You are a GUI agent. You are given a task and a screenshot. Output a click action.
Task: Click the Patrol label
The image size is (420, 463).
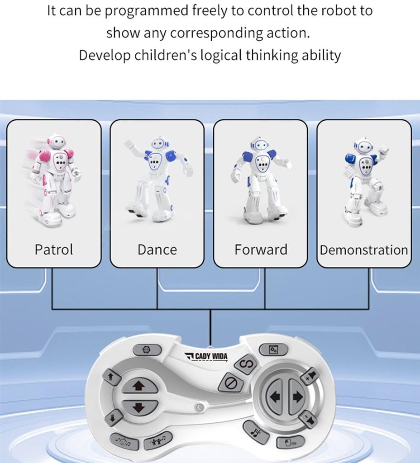click(x=54, y=250)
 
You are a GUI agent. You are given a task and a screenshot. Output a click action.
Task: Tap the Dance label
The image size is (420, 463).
click(x=157, y=250)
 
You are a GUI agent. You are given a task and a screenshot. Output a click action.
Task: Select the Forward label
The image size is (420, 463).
click(x=261, y=250)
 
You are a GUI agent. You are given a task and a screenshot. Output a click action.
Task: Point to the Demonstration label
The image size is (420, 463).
click(x=364, y=250)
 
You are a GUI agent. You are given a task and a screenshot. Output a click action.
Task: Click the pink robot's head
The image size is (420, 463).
click(x=57, y=142)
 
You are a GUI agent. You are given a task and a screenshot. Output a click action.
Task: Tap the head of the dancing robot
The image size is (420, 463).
click(x=160, y=144)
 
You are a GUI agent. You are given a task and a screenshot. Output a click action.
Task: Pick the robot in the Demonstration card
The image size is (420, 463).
click(x=366, y=181)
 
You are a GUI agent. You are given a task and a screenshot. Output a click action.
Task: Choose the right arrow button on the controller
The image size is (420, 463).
click(x=297, y=397)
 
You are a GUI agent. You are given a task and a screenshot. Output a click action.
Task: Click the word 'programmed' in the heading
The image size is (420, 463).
click(x=143, y=11)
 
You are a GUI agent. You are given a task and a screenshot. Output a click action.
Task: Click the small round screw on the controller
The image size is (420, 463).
click(x=198, y=408)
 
